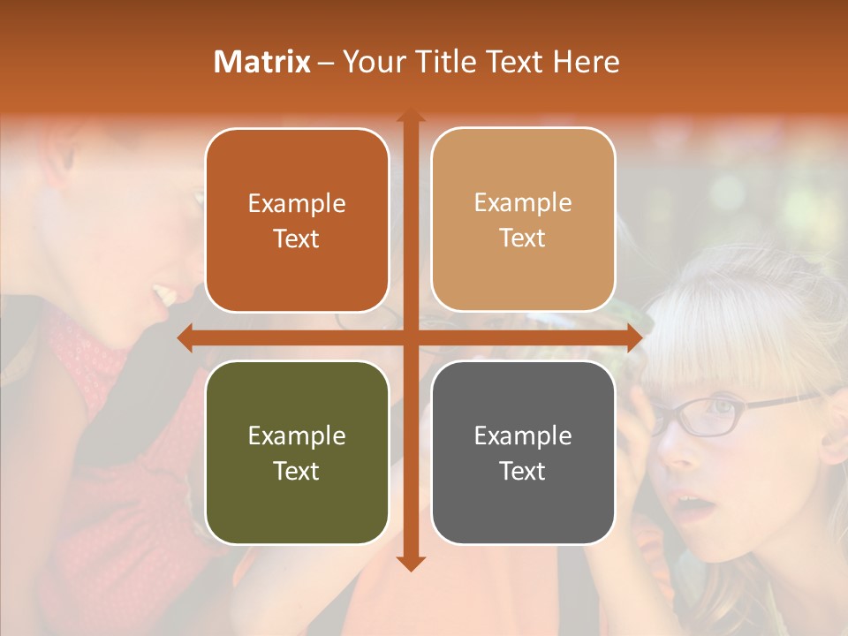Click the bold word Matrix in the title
point(261,62)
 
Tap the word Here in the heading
point(586,62)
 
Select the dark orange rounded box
point(297,221)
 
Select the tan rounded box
point(523,220)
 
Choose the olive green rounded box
point(297,452)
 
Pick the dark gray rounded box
point(523,452)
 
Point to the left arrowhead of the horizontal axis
point(185,337)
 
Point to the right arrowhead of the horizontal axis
point(634,337)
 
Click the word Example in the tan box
point(523,202)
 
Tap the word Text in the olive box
point(297,471)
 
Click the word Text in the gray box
point(523,471)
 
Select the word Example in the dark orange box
point(297,203)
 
